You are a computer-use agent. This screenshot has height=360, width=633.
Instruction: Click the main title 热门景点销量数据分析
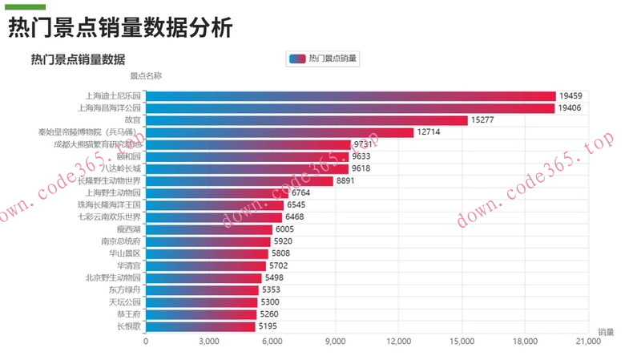120,29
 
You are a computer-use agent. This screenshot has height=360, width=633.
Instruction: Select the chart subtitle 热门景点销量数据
78,59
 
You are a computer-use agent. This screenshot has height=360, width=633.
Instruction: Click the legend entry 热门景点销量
322,59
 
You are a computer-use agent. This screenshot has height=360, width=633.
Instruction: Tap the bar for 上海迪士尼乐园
350,95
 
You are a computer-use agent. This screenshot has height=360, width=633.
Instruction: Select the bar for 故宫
306,120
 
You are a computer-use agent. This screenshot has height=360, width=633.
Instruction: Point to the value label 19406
571,108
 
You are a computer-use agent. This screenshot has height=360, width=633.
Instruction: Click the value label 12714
429,132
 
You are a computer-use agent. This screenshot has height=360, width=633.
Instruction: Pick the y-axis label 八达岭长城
120,169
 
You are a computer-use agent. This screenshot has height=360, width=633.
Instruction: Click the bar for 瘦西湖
209,229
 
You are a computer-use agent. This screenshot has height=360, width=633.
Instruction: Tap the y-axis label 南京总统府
120,241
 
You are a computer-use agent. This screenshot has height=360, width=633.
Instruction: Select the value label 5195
271,326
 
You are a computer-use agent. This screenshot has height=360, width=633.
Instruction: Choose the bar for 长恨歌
200,326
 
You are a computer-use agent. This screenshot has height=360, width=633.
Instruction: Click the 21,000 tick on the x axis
587,342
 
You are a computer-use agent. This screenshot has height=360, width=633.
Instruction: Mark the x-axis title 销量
606,332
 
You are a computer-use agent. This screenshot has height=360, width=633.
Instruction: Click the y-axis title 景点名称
146,76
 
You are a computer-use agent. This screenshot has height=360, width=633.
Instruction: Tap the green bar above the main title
25,7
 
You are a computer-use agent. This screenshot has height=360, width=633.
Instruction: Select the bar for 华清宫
206,265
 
